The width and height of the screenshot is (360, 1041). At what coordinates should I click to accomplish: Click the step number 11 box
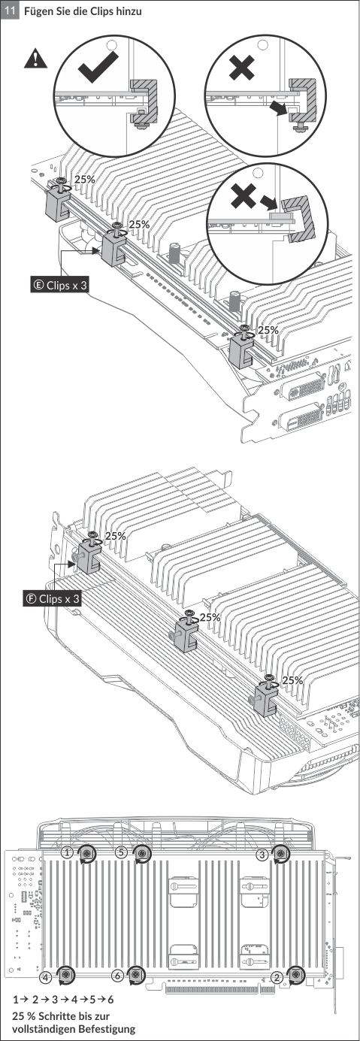pyautogui.click(x=10, y=10)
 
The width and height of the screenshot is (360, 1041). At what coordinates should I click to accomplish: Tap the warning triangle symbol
pyautogui.click(x=35, y=59)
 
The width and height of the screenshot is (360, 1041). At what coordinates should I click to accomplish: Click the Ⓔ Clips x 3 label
pyautogui.click(x=59, y=285)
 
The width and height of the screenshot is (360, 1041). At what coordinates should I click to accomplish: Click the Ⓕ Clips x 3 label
pyautogui.click(x=52, y=598)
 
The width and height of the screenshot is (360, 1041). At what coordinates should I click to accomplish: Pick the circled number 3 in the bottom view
pyautogui.click(x=262, y=854)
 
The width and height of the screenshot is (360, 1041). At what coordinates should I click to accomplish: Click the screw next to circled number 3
pyautogui.click(x=280, y=853)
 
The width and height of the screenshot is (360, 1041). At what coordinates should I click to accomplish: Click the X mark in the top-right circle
pyautogui.click(x=241, y=68)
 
